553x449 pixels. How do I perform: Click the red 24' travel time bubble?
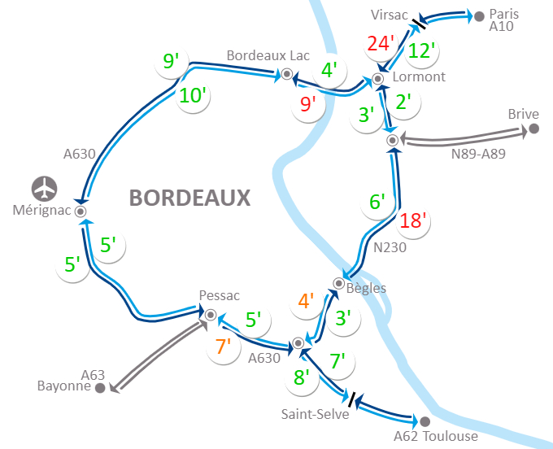click(x=381, y=43)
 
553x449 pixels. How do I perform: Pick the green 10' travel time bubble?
click(x=193, y=96)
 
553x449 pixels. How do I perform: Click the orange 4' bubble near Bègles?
click(x=306, y=301)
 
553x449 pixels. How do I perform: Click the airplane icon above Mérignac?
click(x=45, y=189)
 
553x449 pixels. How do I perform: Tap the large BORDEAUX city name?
click(x=189, y=198)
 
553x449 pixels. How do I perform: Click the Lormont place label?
click(x=419, y=77)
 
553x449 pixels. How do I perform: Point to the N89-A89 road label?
click(x=477, y=152)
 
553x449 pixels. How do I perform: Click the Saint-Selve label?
click(x=315, y=414)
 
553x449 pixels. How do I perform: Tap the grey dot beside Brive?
click(x=533, y=129)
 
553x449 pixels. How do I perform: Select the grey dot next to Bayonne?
click(x=100, y=388)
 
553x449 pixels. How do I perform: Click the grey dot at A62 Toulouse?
click(x=424, y=421)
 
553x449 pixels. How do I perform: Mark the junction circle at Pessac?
click(x=211, y=314)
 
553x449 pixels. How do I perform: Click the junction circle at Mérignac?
click(x=81, y=211)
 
